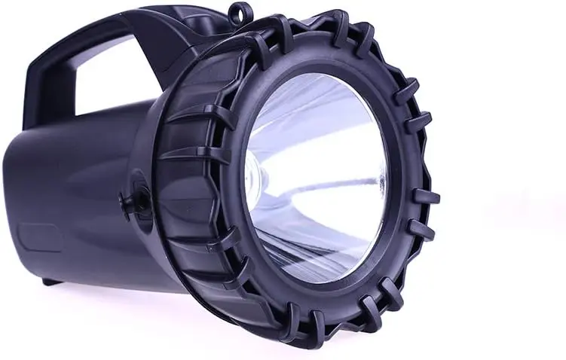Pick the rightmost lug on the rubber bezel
[426, 197]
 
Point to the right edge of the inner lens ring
[394, 181]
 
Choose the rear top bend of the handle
[57, 41]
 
